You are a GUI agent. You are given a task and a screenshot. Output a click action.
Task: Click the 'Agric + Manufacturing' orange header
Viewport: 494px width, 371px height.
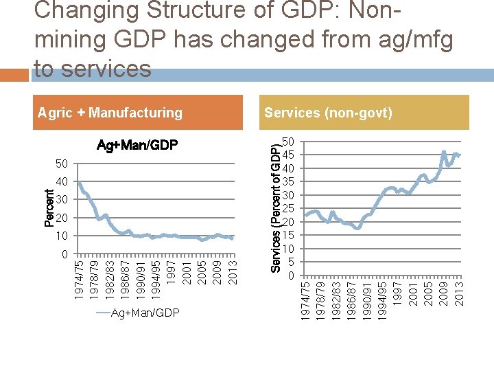pos(110,113)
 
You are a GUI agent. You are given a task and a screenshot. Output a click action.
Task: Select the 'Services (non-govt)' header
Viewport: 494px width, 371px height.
pos(328,113)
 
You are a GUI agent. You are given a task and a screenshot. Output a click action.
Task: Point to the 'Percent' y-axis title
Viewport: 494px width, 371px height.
pos(49,208)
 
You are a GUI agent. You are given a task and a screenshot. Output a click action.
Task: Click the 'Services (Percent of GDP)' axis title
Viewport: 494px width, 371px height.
pos(274,208)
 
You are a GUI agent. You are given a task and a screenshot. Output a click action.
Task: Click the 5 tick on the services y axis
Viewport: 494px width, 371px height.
pos(292,262)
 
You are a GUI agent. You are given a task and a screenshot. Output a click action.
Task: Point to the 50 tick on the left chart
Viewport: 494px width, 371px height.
pos(62,164)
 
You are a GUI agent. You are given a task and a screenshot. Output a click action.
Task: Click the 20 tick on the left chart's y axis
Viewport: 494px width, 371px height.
pos(62,218)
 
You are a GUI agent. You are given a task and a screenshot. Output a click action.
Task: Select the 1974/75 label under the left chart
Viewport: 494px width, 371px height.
pos(80,279)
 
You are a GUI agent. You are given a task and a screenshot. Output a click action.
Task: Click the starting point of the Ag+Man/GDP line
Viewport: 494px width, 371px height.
pos(79,182)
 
